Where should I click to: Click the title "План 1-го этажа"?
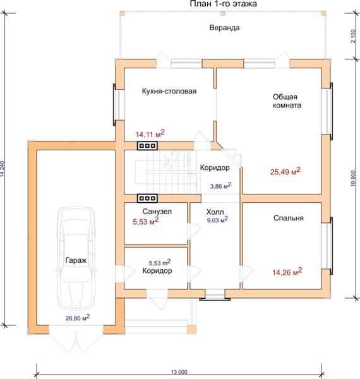(x=223, y=4)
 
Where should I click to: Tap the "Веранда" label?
(x=224, y=28)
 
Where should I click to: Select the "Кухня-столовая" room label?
(x=169, y=92)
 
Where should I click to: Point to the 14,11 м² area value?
(x=150, y=133)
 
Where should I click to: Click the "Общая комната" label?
(x=287, y=101)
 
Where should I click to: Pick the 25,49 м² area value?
(x=285, y=171)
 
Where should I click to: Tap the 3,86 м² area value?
(x=220, y=186)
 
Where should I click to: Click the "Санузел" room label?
(x=157, y=212)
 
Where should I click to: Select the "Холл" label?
(x=215, y=212)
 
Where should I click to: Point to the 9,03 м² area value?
(x=217, y=220)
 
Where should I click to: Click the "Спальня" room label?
(x=289, y=218)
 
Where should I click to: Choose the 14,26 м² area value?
(x=287, y=272)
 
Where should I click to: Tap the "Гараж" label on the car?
(x=76, y=260)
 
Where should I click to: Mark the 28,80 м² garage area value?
(x=77, y=318)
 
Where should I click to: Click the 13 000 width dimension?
(x=179, y=372)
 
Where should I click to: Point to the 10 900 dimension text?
(x=353, y=178)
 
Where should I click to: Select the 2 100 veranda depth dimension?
(x=353, y=36)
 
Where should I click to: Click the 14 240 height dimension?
(x=2, y=169)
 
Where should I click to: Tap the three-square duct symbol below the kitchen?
(x=147, y=146)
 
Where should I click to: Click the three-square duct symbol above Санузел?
(x=147, y=198)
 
